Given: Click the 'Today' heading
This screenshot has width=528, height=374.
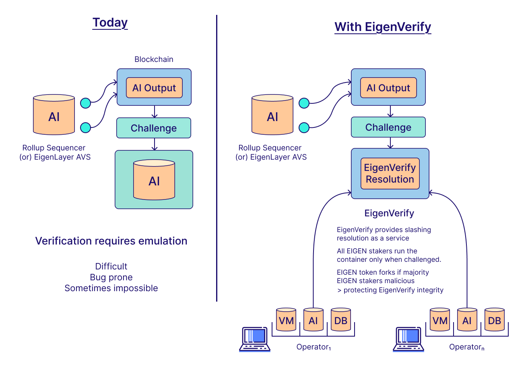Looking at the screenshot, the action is pos(110,23).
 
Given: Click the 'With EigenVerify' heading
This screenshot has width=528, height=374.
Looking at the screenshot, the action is pos(383,27).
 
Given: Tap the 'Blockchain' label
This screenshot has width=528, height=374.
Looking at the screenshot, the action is pos(154,60).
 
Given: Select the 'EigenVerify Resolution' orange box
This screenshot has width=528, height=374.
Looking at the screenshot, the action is pos(390,173).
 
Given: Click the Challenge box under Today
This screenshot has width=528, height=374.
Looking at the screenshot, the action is pos(154,128).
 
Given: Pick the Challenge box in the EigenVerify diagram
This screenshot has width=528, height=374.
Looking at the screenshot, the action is pos(388,127).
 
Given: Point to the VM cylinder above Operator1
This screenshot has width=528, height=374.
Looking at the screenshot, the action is pos(286,319).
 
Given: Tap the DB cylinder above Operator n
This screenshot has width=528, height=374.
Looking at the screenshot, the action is pos(495,319).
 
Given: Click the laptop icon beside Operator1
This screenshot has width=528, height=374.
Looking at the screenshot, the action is pos(255,339).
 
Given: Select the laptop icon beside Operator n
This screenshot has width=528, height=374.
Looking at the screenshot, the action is pos(408,339).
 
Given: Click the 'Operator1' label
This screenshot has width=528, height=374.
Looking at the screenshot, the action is pos(314,347).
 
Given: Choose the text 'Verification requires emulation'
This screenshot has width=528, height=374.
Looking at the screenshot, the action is pos(111,241).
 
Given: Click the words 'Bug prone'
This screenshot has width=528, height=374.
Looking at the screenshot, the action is pos(111,277).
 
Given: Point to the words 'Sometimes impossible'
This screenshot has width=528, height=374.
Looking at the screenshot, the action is pos(111,288).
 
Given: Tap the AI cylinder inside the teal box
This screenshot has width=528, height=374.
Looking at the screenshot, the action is pos(154,180).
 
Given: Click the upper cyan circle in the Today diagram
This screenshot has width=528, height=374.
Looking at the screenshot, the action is pos(86,103).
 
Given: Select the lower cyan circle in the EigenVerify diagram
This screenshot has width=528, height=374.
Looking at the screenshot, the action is pos(304,127).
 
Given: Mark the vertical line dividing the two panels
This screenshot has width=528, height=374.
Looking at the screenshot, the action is pos(217,158).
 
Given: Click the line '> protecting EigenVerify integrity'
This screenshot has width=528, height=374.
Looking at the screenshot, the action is pos(390,290).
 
